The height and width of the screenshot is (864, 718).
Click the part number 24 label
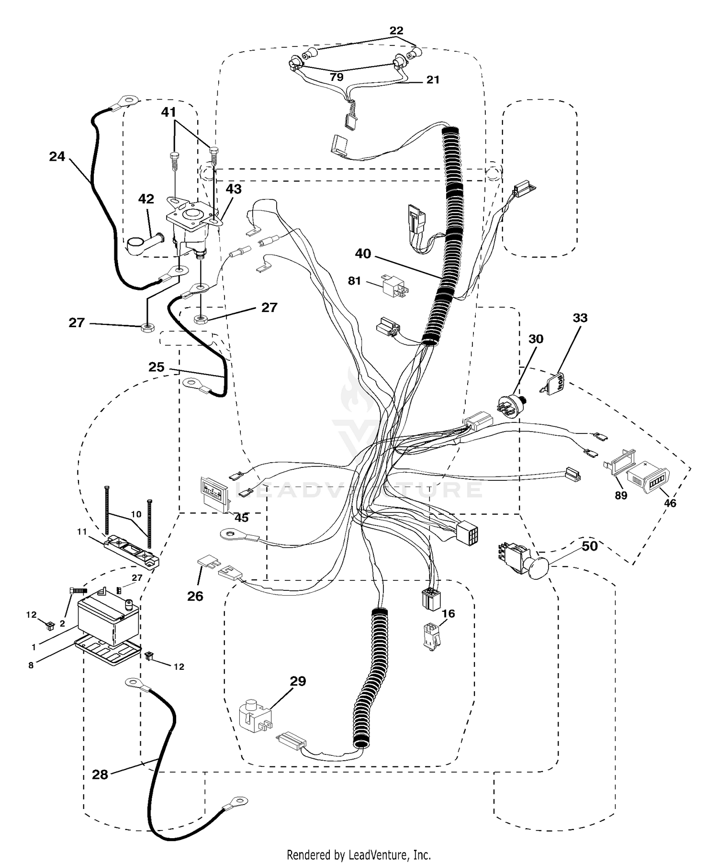click(x=57, y=156)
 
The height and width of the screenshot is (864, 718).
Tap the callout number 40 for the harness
click(x=363, y=253)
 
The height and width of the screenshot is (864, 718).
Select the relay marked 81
click(x=394, y=286)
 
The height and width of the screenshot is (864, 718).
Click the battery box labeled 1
click(x=109, y=616)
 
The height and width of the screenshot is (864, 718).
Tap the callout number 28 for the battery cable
click(x=100, y=775)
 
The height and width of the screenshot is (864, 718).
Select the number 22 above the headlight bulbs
click(x=396, y=30)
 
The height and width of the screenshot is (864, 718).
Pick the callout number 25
click(x=157, y=367)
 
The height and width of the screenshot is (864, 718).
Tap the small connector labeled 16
click(x=432, y=637)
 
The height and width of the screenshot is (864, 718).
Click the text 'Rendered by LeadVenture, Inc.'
click(x=359, y=854)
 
